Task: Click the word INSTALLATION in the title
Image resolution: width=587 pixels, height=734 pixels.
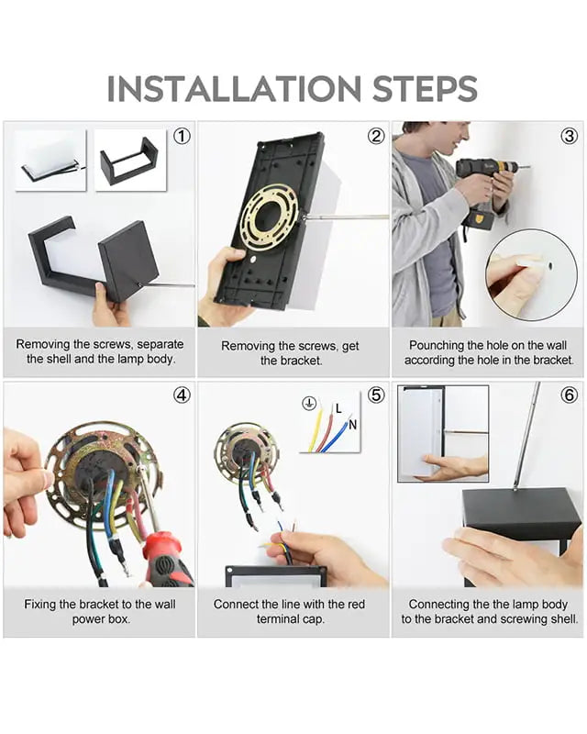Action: [234, 88]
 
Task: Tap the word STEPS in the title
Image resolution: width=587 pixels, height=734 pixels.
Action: [425, 88]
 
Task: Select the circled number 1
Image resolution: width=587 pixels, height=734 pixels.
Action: [183, 136]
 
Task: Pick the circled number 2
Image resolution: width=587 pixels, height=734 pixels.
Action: [376, 136]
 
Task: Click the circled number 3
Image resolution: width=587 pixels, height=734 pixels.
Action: [570, 136]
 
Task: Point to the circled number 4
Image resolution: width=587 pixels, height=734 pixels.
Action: [183, 395]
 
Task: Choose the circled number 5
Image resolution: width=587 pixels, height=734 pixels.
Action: [376, 395]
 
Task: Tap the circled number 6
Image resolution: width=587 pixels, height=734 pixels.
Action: [570, 395]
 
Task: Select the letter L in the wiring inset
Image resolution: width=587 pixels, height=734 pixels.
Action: [338, 408]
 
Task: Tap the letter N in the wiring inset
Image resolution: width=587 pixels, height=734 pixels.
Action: [352, 425]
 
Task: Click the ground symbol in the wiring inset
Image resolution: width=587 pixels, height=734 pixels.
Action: [309, 403]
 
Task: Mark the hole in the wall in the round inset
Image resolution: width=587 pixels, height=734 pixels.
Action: [550, 266]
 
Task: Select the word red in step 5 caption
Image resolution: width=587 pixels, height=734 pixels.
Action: [356, 605]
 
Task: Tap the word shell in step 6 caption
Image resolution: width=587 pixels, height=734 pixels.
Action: [563, 618]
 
